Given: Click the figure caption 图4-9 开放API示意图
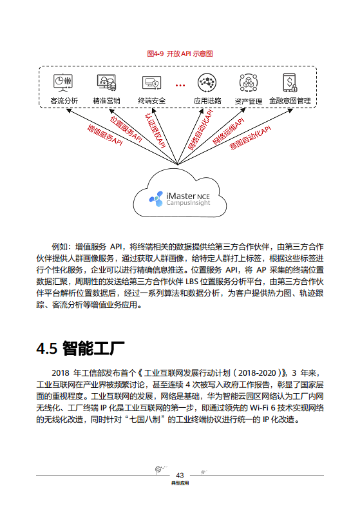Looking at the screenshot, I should (180, 54).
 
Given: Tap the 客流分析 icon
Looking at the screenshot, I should (63, 82).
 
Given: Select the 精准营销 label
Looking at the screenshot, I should (106, 101).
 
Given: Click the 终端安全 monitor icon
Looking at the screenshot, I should (152, 83).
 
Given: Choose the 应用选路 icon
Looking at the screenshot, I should (207, 83).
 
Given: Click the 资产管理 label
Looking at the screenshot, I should (248, 101).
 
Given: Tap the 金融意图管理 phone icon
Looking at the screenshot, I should (290, 83).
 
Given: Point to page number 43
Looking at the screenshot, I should (180, 475).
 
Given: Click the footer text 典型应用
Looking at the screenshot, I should (180, 483).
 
